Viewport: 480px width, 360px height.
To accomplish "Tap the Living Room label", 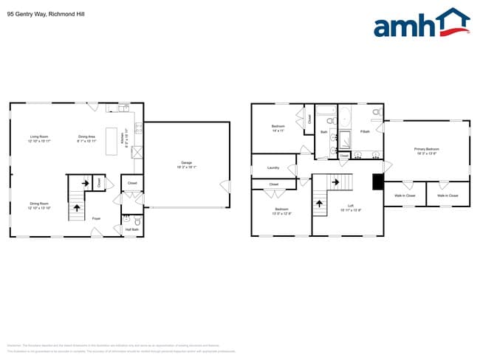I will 39,136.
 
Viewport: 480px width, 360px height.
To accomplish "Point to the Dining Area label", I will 87,136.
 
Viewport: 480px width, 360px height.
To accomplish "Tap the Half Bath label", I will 131,230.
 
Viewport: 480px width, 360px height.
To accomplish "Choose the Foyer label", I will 96,219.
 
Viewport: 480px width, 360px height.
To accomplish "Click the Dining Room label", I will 39,204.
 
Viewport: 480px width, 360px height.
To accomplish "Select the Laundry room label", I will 272,168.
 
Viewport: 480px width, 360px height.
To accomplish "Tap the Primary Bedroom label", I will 426,149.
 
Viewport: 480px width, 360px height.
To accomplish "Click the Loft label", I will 351,206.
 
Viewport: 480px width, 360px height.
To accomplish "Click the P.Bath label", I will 365,132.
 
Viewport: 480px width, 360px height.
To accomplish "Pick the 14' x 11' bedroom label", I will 278,127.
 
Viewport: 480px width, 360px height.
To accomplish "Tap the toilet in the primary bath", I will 376,112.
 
